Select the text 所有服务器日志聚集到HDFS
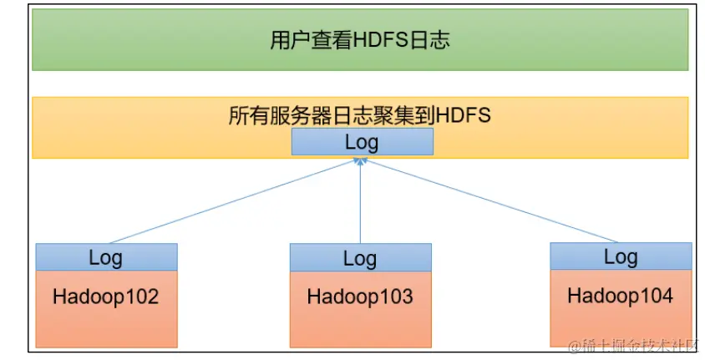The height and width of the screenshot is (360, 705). point(359,115)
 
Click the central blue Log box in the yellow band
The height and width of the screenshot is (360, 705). point(362,142)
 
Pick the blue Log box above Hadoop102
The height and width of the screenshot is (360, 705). point(106,257)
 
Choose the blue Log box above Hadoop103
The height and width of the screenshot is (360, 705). point(360,258)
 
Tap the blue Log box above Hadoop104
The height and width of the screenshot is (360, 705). point(621,256)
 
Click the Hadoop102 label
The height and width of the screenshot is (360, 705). point(106,297)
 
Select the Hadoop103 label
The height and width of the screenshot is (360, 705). point(360,297)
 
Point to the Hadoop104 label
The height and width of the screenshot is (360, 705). point(621,295)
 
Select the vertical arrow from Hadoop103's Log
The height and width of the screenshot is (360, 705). point(361,205)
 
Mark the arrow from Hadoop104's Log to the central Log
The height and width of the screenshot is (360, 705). point(493,200)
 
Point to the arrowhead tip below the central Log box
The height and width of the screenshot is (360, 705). point(361,160)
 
